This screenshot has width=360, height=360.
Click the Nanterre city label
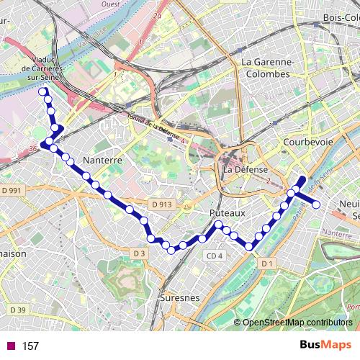[x=101, y=160]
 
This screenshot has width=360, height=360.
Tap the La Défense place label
[x=247, y=169]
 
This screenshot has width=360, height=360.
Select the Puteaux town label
[x=228, y=213]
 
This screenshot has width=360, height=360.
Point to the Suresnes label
[x=179, y=297]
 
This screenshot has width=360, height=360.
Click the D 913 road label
[x=161, y=204]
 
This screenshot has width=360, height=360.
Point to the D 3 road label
[x=139, y=253]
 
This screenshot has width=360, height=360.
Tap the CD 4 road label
[x=215, y=256]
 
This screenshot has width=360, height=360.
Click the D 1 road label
[x=268, y=264]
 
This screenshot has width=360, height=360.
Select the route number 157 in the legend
[x=30, y=346]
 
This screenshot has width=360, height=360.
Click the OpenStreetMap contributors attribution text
[x=297, y=322]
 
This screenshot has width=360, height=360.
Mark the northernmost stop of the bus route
[x=44, y=91]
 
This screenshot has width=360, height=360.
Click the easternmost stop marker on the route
[x=315, y=204]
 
